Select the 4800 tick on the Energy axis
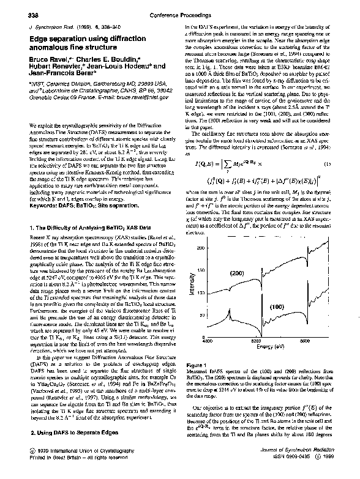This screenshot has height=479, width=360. pos(207,341)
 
